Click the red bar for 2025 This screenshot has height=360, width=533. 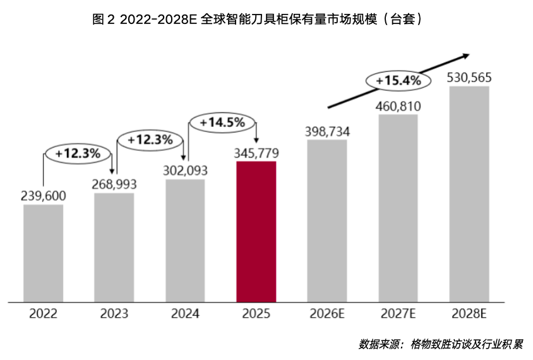pos(256,231)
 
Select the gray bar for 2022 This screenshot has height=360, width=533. pos(43,253)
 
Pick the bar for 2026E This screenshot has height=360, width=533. pos(327,220)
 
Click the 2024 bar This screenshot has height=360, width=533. pos(185,241)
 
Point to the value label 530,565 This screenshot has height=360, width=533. pos(469,78)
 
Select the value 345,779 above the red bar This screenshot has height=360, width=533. pos(256,153)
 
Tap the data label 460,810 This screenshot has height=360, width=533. pos(398,105)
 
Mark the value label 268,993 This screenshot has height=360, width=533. pos(114,184)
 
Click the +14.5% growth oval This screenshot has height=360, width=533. pos(222,123)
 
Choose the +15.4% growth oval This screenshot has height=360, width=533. pos(398,81)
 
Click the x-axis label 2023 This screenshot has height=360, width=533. pos(114,314)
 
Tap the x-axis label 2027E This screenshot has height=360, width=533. pos(398,314)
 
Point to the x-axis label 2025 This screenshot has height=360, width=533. pos(256,314)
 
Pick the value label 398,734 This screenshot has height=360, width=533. pos(327,131)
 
